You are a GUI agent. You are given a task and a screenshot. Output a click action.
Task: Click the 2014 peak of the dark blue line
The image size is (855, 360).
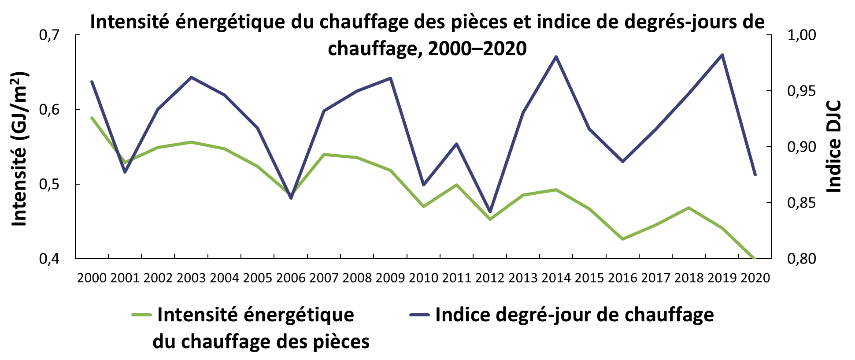556,56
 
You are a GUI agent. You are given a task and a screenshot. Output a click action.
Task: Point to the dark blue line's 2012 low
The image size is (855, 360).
490,212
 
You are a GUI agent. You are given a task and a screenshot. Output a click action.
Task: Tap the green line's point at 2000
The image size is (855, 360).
92,118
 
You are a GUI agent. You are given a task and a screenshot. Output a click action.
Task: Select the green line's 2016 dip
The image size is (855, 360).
623,239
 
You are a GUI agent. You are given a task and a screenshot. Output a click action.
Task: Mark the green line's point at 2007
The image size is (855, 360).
324,154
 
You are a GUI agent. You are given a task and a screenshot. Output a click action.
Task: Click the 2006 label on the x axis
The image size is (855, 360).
291,278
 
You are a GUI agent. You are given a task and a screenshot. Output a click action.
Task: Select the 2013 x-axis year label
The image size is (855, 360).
523,278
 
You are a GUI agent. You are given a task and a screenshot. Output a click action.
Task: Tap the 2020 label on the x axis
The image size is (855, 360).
755,278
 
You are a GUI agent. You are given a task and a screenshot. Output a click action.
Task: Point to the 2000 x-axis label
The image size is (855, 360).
92,278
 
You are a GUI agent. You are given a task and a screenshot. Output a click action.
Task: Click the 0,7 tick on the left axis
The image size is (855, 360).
49,35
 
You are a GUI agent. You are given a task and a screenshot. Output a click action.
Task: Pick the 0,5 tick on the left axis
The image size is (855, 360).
49,184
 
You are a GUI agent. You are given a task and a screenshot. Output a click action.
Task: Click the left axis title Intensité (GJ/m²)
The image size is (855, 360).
19,148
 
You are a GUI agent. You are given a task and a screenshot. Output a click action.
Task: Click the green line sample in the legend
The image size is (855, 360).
142,315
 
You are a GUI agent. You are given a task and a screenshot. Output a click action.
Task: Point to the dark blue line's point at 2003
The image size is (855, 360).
191,77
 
